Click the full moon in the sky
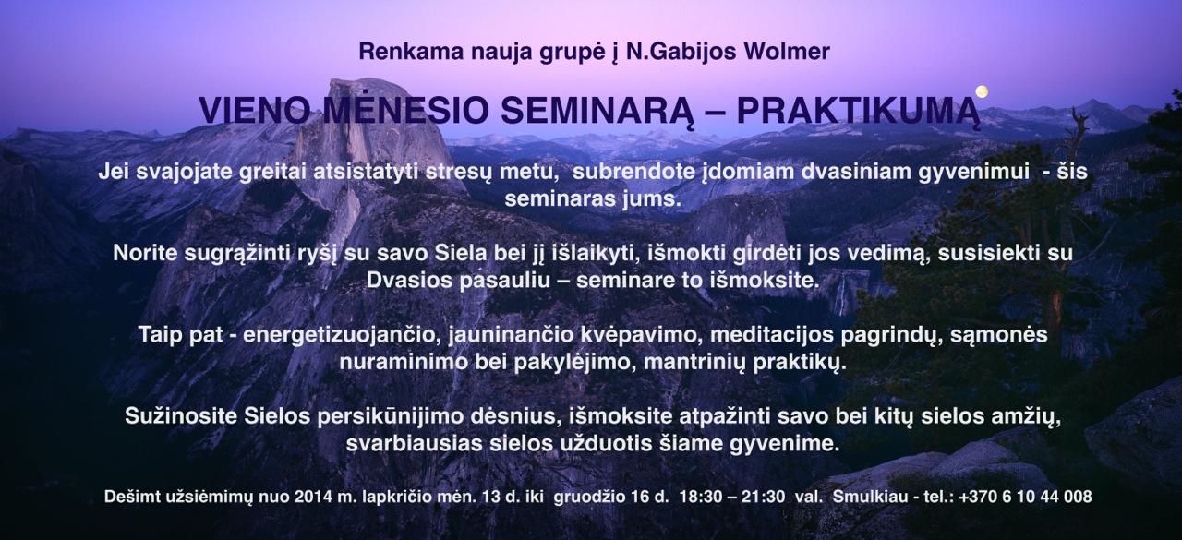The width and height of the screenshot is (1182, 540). click(982, 91)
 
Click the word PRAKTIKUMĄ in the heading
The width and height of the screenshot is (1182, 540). click(858, 112)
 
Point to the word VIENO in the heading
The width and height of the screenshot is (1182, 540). click(254, 111)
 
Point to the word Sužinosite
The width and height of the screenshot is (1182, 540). click(181, 416)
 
